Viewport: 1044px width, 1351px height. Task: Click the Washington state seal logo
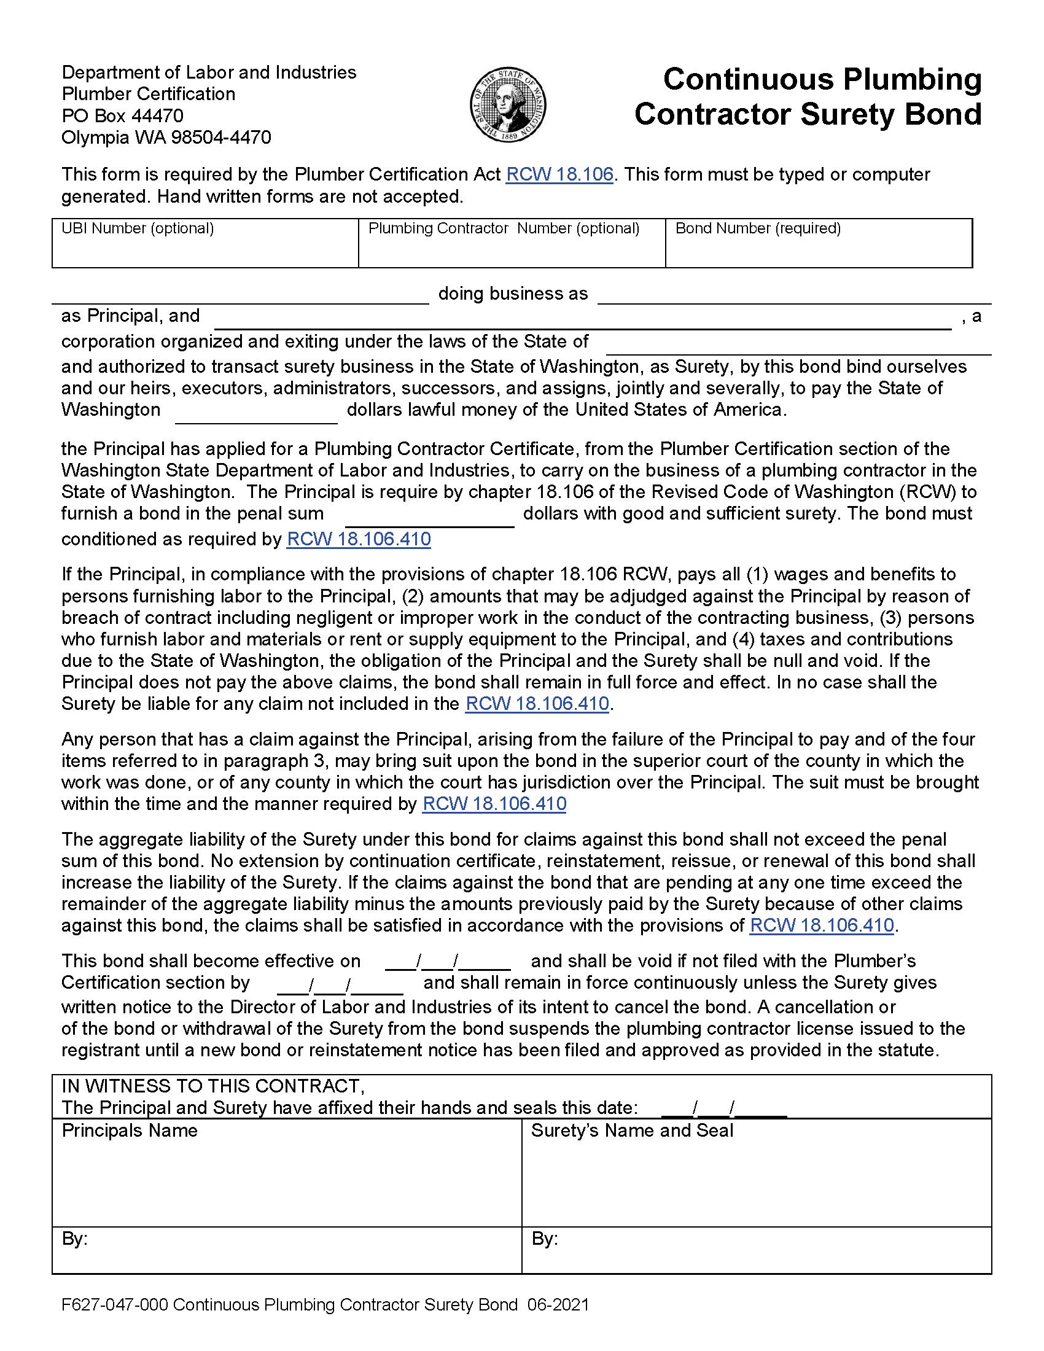tap(508, 104)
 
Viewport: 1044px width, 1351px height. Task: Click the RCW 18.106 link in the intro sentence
tap(559, 174)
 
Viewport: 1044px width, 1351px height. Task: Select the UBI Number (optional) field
tap(205, 251)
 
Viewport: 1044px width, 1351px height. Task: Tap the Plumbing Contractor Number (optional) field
tap(512, 251)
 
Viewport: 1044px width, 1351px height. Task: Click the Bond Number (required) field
tap(818, 251)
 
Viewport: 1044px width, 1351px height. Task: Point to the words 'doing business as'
tap(513, 293)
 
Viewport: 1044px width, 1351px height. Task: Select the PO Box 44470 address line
tap(122, 115)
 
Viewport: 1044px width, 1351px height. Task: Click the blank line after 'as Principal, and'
tap(582, 319)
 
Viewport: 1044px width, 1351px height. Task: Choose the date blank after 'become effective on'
tap(448, 961)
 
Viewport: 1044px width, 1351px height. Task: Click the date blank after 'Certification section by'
tap(340, 983)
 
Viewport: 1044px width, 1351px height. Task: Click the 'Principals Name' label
tap(129, 1131)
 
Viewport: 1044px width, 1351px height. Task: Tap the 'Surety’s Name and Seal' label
tap(631, 1131)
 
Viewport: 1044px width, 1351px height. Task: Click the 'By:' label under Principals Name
tap(74, 1239)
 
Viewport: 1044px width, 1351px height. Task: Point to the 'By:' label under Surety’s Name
tap(544, 1239)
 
